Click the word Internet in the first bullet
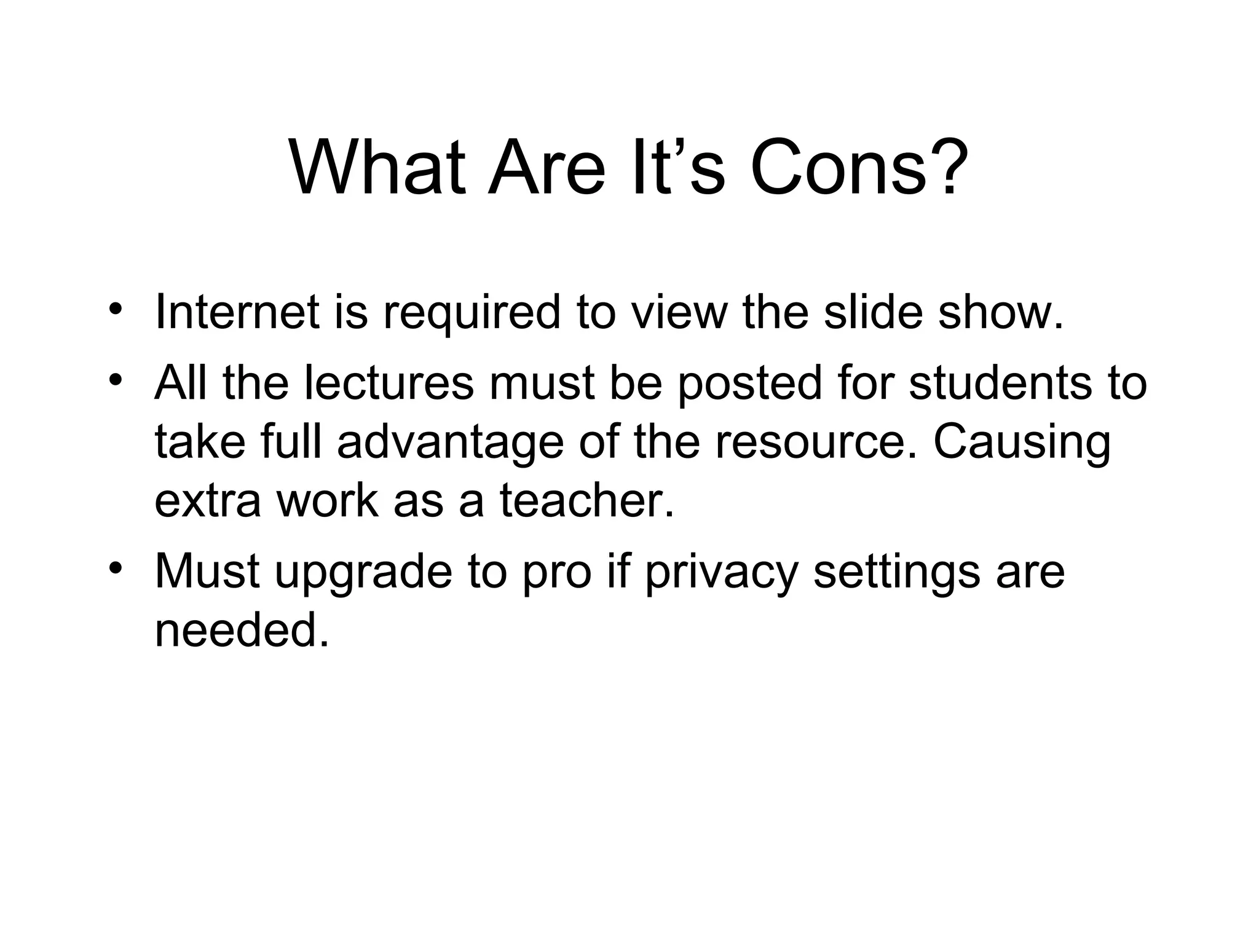pos(237,312)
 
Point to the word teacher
pos(586,500)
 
